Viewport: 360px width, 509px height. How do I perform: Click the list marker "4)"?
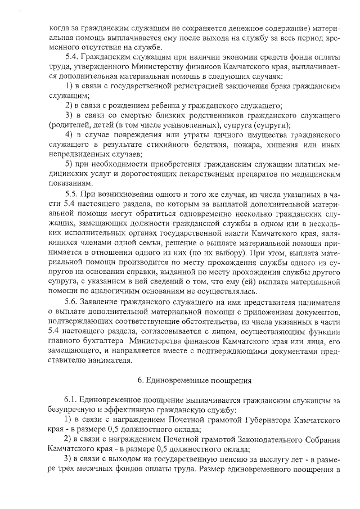pyautogui.click(x=70, y=136)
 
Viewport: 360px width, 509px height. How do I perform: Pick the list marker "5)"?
pyautogui.click(x=70, y=164)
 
